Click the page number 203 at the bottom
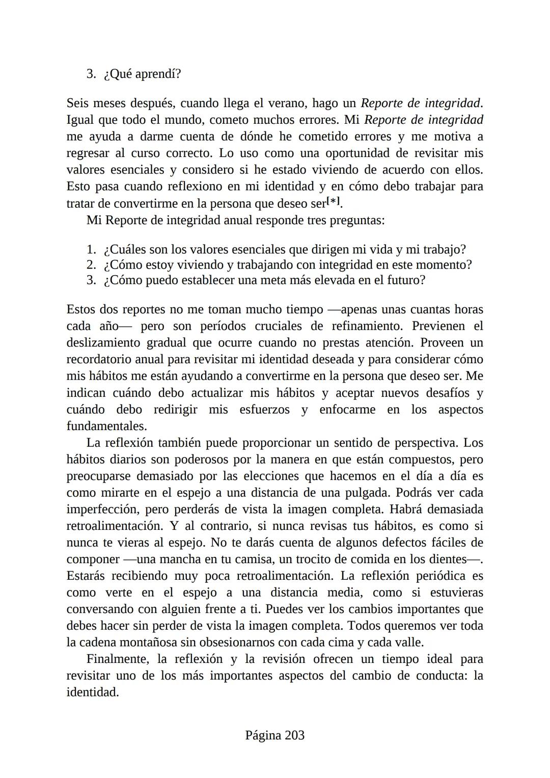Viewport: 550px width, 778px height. (294, 735)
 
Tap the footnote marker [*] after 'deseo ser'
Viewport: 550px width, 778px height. (333, 201)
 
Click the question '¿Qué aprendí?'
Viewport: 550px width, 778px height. (142, 74)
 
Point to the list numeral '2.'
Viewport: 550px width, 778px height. (91, 265)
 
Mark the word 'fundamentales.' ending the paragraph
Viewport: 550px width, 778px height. (106, 426)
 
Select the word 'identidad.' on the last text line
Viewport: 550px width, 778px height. (92, 692)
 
